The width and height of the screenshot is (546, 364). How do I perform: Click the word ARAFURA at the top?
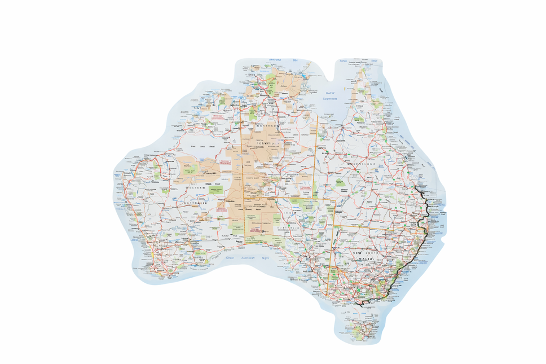pos(275,59)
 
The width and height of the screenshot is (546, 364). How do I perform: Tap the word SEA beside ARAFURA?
pos(294,59)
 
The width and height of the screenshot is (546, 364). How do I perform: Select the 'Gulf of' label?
pos(329,93)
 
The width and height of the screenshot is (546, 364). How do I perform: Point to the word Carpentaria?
pos(330,98)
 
